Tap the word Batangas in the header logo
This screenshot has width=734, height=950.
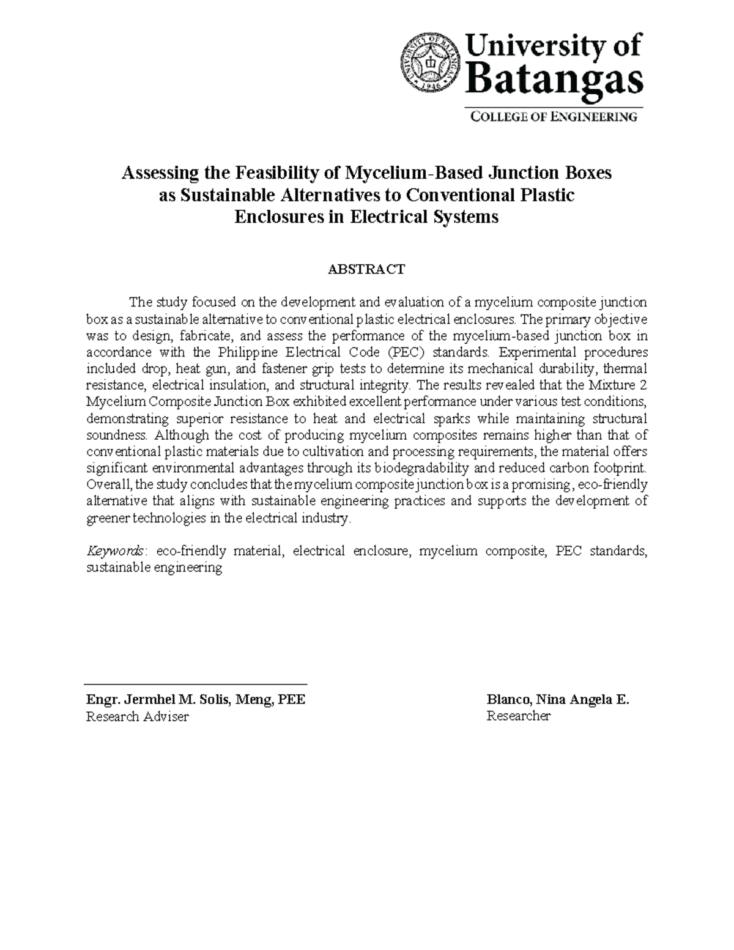click(x=555, y=80)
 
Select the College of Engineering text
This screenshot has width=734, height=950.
click(x=554, y=116)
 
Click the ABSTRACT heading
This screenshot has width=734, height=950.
click(x=366, y=269)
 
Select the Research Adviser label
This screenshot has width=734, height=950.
click(x=138, y=716)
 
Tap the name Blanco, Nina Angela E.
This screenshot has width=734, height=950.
click(x=557, y=700)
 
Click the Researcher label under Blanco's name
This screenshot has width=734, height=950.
click(x=519, y=716)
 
